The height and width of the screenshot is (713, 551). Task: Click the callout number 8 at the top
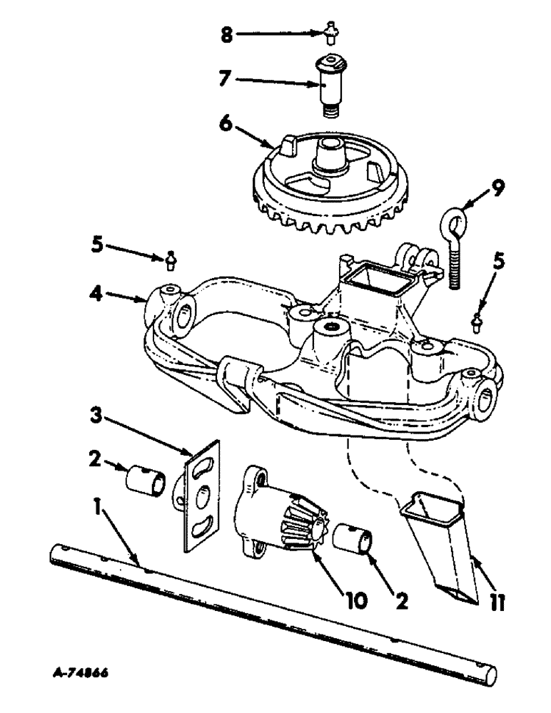point(226,34)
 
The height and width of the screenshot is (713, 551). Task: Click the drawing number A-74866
point(86,671)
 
